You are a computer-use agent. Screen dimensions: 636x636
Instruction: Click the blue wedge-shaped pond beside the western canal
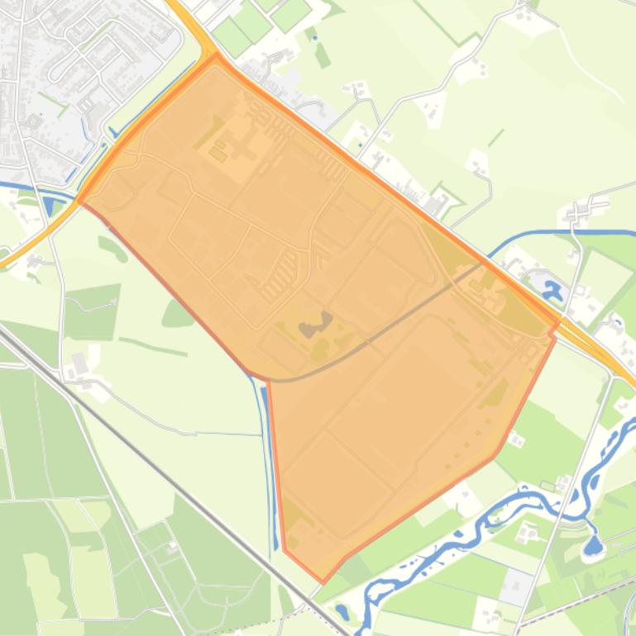(x=47, y=206)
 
